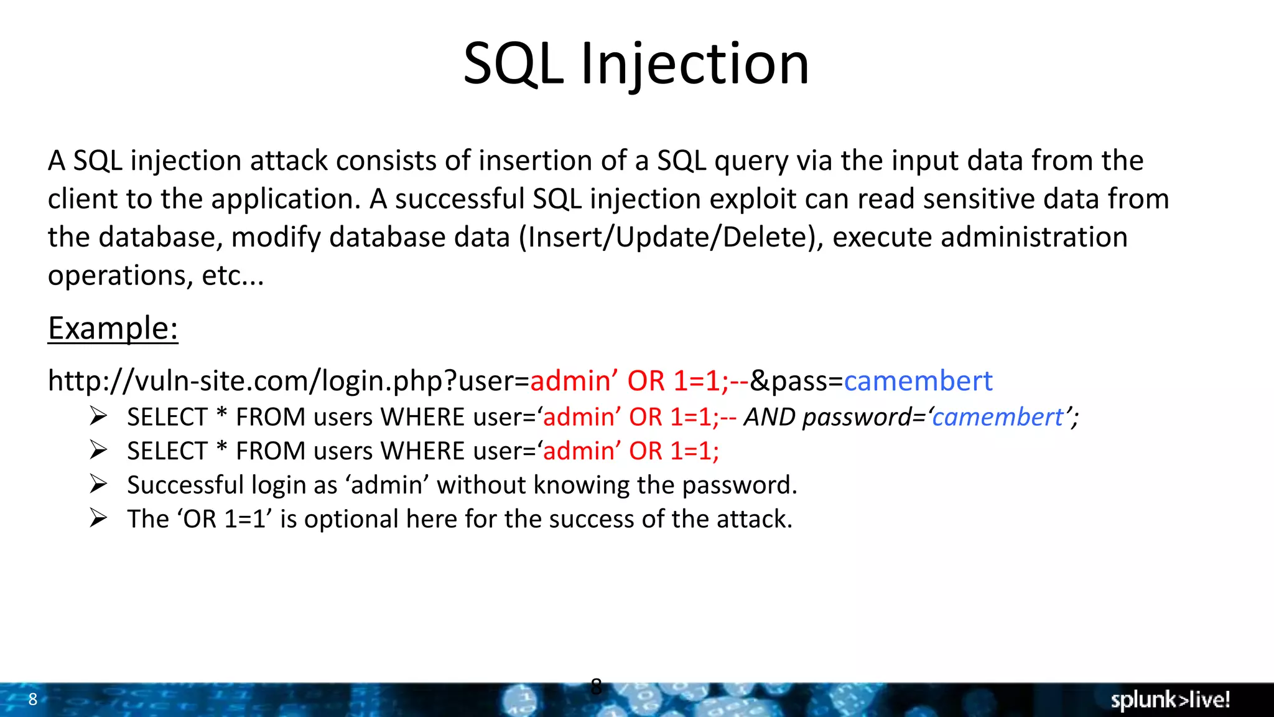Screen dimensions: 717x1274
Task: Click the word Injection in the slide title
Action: coord(694,63)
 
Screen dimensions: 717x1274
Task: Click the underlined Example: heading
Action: coord(113,328)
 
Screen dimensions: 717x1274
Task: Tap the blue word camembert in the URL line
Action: coord(918,380)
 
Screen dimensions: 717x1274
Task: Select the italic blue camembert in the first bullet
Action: coord(997,417)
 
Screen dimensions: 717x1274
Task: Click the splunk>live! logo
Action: coord(1169,700)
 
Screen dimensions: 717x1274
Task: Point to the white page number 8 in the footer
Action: coord(33,699)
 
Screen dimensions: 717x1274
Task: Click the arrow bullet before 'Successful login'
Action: coord(98,484)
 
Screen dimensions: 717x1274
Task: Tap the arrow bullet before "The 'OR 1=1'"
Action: coord(98,518)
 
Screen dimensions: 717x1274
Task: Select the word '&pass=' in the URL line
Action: coord(796,380)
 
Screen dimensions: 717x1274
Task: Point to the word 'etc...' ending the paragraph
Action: coord(233,275)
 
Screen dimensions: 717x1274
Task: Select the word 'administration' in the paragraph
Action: coord(1033,237)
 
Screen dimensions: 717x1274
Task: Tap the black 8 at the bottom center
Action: coord(596,687)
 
